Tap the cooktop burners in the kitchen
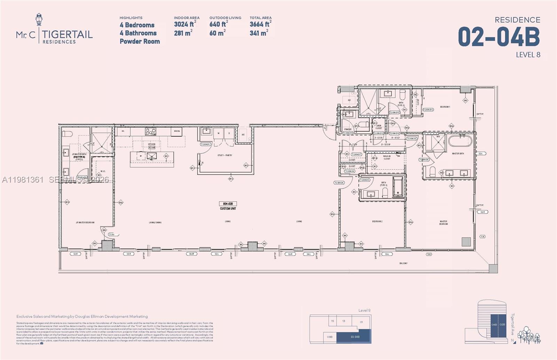click(150, 131)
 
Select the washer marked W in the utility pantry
click(219, 133)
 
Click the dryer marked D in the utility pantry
click(229, 133)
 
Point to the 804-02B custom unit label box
click(228, 204)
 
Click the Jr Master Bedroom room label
click(85, 223)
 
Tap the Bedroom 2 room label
click(377, 222)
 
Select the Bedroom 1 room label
click(445, 107)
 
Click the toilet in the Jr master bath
click(67, 134)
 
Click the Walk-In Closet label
click(387, 158)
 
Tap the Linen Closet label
click(378, 127)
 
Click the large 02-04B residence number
click(499, 37)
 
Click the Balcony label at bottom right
click(403, 263)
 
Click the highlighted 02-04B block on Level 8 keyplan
click(355, 337)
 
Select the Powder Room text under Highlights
click(140, 41)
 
